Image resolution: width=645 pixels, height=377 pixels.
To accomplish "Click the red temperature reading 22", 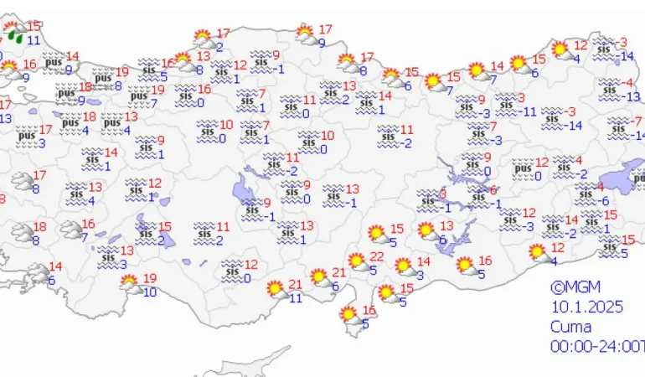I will point(378,257).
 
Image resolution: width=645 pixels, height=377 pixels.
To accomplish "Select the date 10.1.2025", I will point(587,307).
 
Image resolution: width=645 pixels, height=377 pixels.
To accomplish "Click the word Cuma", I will point(570,327).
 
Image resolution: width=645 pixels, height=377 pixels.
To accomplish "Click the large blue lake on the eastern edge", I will point(623,178).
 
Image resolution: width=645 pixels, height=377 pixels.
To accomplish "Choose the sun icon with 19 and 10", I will point(131,286).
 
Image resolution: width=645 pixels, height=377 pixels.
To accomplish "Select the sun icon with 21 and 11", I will point(275,291).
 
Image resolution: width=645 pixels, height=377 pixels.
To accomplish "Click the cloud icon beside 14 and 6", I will point(37,273).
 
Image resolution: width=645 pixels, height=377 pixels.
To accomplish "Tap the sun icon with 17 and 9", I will point(307,35).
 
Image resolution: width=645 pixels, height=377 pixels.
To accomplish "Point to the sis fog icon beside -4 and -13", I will point(608,90).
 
